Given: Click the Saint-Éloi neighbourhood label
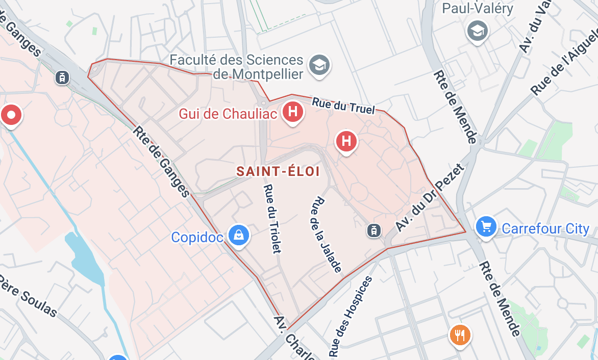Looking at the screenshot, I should point(278,171).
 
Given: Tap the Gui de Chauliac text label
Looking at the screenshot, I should point(228,113).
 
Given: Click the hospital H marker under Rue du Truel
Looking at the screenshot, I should point(346,140).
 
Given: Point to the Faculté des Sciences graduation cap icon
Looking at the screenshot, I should point(320,65).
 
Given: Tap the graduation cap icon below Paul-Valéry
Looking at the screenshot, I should point(478,31).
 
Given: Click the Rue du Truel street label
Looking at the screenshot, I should point(343,105).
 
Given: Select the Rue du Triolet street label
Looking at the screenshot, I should point(272,218).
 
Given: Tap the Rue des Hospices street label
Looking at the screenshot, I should point(351,317).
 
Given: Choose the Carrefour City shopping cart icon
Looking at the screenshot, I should point(486,226).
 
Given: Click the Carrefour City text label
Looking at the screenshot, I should point(545,229).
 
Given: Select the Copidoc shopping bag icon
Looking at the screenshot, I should point(238,235).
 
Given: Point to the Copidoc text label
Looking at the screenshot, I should point(197,237).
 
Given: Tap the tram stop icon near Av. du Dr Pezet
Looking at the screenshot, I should point(374,230).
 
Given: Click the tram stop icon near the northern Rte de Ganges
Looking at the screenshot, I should point(62,78).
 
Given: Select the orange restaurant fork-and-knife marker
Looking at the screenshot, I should point(460,335).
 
